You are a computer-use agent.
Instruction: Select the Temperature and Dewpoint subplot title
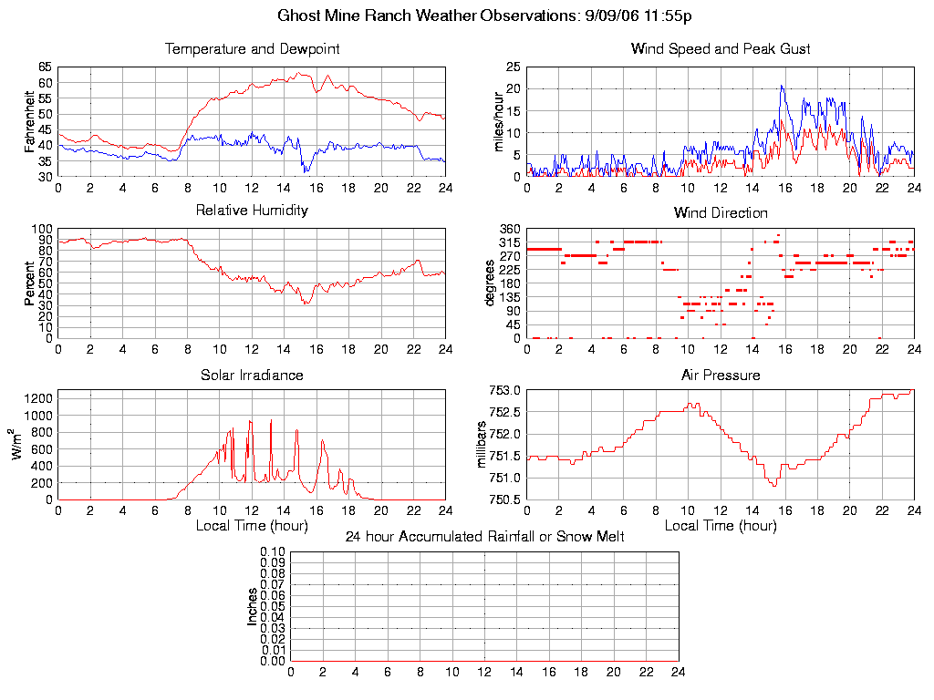point(252,49)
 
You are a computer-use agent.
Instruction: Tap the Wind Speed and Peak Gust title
point(721,49)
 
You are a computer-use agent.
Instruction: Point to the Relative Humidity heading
point(252,211)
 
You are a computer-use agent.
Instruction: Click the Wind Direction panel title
point(721,213)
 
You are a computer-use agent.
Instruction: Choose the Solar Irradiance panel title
point(252,375)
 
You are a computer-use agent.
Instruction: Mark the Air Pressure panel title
point(721,375)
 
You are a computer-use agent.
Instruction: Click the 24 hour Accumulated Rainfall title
point(484,537)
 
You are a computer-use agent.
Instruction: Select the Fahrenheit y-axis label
point(30,120)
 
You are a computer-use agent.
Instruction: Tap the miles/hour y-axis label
point(499,122)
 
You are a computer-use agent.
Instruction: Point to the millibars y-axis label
point(484,444)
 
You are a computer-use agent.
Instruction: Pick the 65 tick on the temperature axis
point(46,67)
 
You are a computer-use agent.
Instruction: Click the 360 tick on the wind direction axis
point(509,229)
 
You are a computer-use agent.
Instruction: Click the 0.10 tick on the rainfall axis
point(273,551)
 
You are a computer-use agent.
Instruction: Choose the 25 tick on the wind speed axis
point(513,67)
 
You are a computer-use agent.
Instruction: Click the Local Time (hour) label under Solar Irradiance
point(252,525)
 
